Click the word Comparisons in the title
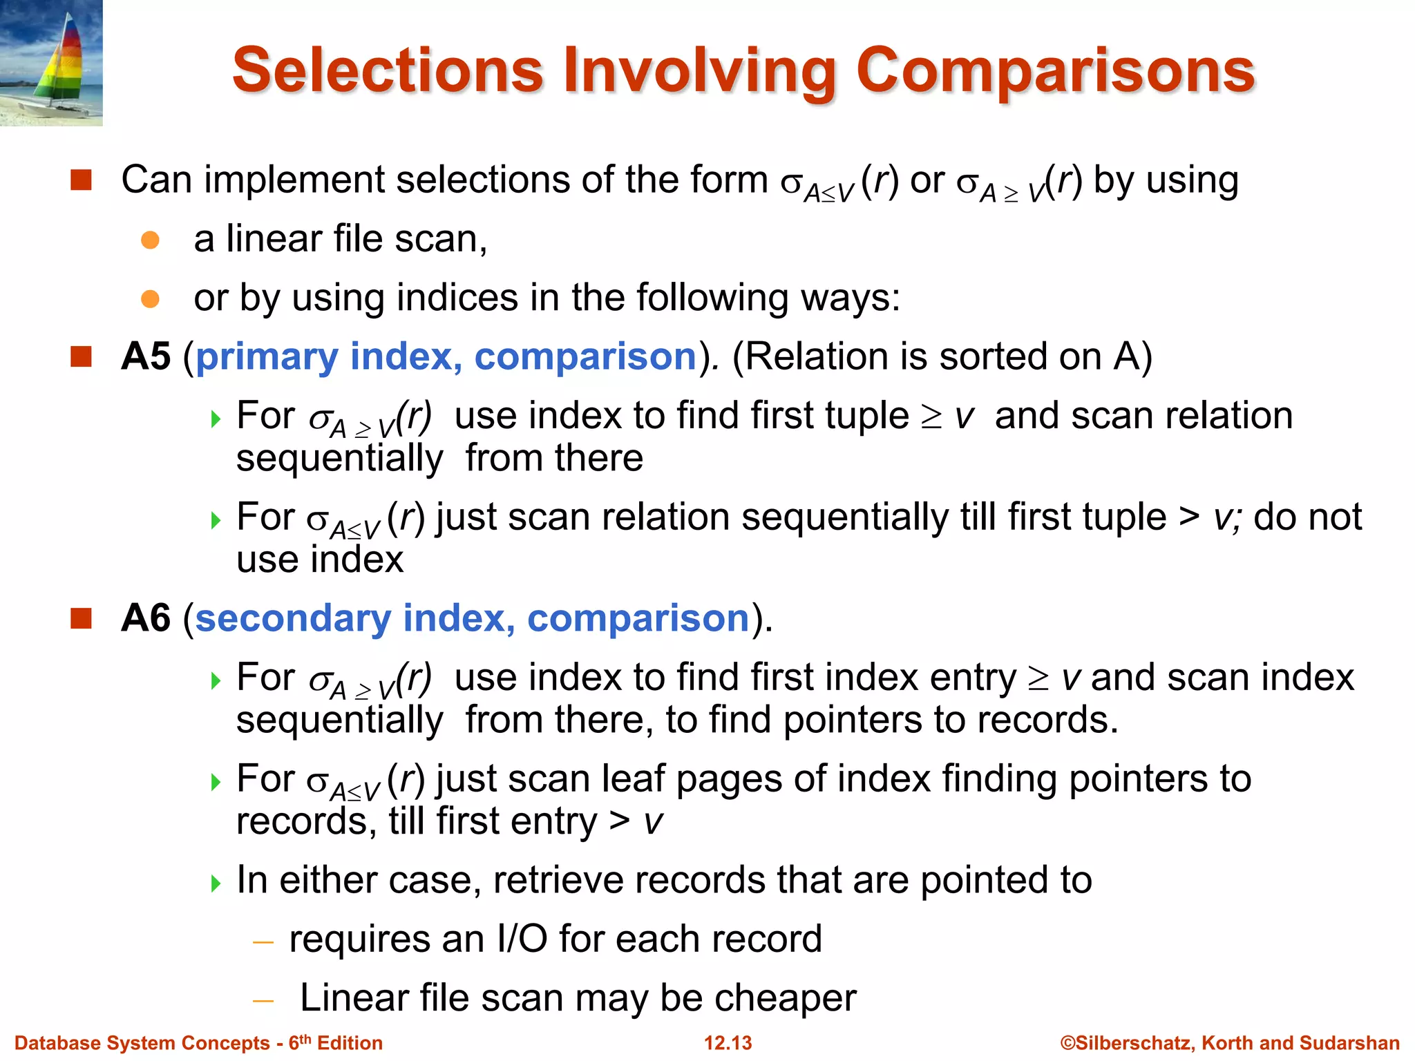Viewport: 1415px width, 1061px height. pos(1055,71)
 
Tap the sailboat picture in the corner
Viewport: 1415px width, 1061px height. pos(51,63)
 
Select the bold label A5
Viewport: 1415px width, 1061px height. pos(146,357)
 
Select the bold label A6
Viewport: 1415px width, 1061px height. pos(146,618)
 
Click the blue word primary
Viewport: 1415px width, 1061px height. pos(267,358)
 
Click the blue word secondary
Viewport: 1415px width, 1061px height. pos(293,618)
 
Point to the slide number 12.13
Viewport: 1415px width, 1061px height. pos(728,1043)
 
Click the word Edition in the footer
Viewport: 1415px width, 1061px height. pos(350,1043)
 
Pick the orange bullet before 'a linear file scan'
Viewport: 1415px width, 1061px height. pos(150,240)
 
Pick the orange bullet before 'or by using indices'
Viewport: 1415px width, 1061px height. pos(150,299)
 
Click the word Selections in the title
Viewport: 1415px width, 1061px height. pos(388,71)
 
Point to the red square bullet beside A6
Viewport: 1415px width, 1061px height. pos(82,618)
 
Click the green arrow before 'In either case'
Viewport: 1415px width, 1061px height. pos(216,883)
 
